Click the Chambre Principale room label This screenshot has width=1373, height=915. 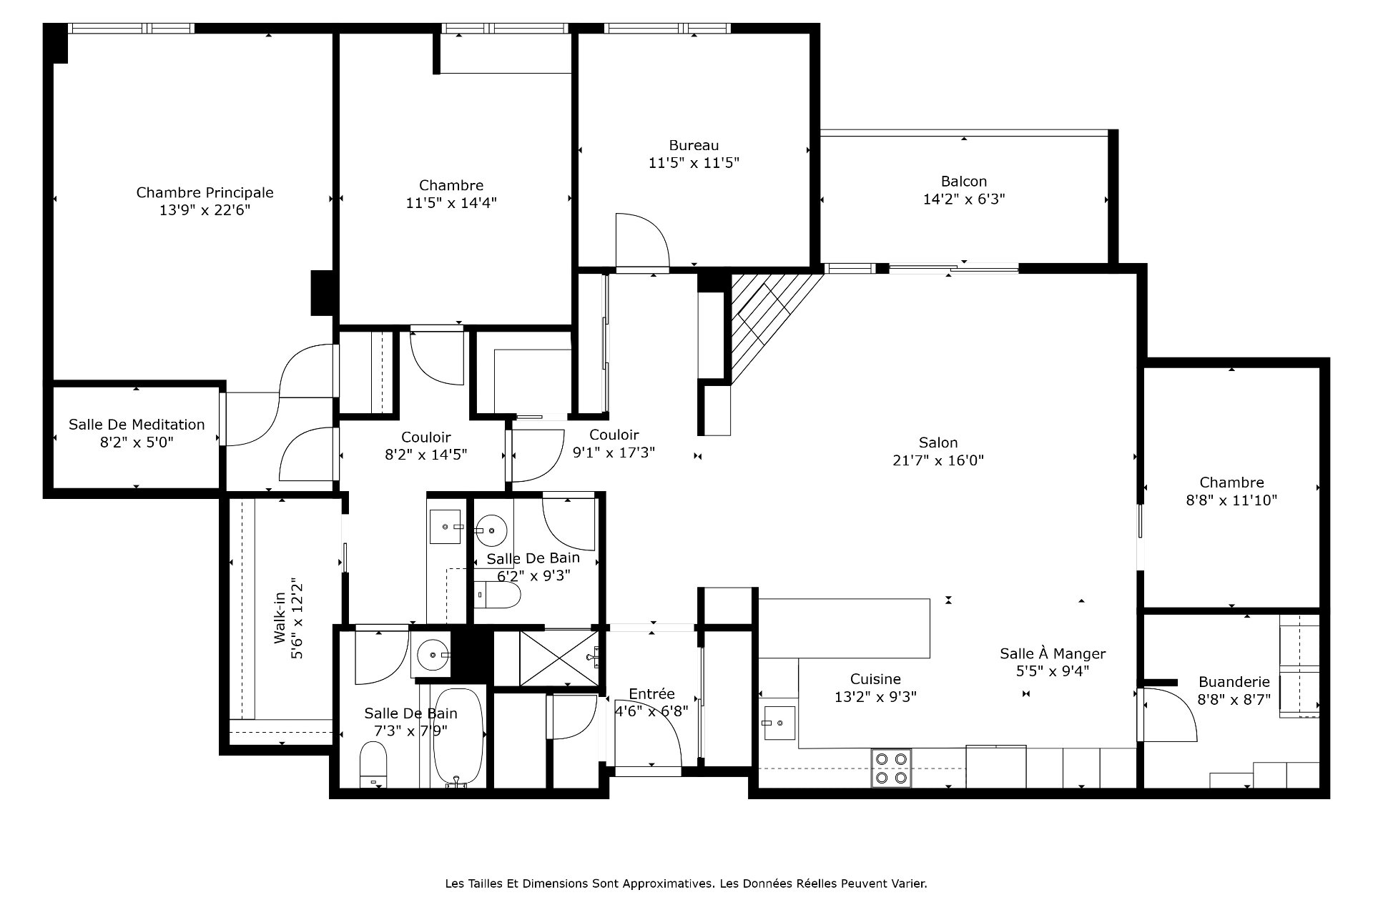205,192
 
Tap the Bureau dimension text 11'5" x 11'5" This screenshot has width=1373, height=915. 694,163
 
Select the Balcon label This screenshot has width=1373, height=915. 964,182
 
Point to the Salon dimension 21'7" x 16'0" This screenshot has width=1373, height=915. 938,460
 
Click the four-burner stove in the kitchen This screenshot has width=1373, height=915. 892,768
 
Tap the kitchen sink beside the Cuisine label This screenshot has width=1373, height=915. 779,723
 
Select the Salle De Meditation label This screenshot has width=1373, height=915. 137,425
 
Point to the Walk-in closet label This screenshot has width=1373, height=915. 280,618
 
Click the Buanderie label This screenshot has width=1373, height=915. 1234,682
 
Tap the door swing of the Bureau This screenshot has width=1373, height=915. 642,239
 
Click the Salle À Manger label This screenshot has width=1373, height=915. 1053,653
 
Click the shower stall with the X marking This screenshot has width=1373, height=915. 558,658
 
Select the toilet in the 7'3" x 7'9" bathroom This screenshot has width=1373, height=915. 373,763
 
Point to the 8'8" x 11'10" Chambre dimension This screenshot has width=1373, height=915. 1231,500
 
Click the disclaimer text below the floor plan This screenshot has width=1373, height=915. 686,884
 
